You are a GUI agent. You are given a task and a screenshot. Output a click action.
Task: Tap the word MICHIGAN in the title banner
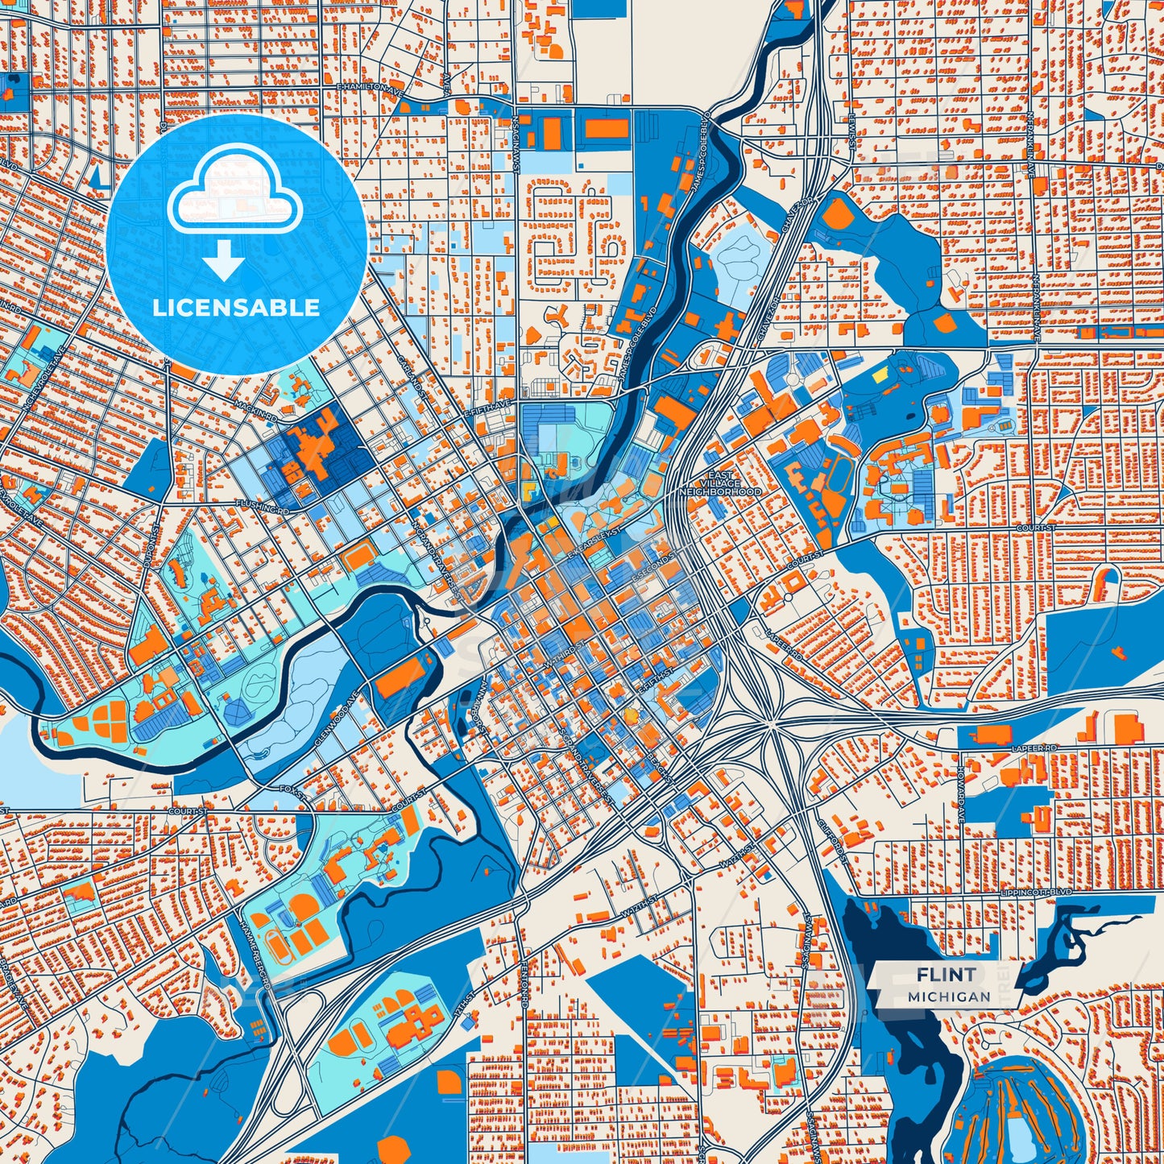[949, 996]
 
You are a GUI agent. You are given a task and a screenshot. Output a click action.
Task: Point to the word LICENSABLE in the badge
[236, 308]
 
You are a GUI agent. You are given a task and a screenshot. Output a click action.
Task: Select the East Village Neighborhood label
[719, 483]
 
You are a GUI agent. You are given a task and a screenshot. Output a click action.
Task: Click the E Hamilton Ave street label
[369, 85]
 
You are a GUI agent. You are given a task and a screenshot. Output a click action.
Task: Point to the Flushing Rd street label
[262, 506]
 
